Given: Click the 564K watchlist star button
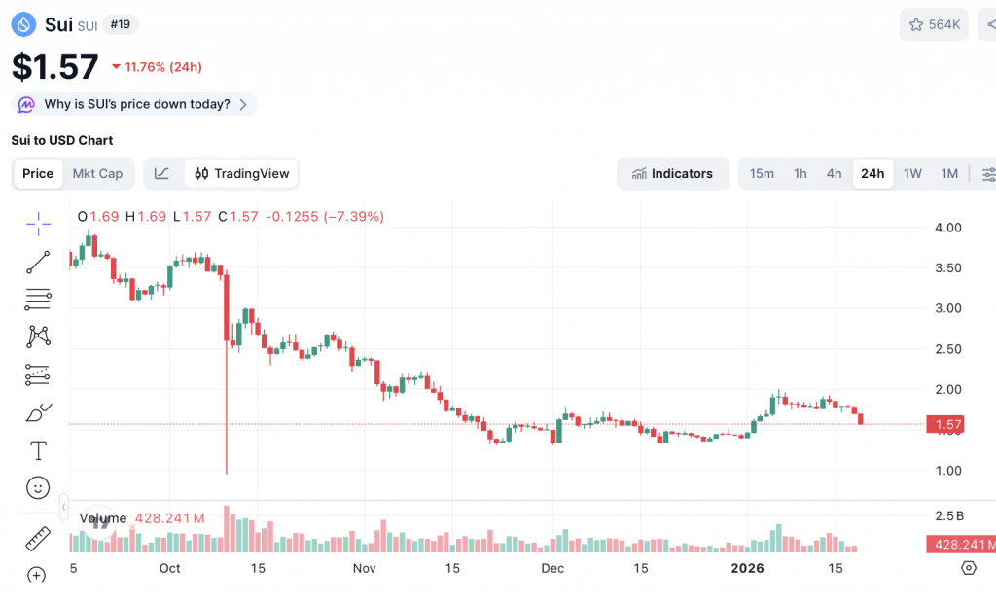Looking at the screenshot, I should point(934,24).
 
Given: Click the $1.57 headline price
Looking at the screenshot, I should point(55,67).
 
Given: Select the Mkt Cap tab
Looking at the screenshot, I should point(97,174).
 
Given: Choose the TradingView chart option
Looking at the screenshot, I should point(242,174).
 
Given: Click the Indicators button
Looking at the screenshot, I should point(673,174).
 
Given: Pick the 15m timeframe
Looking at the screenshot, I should point(762,174).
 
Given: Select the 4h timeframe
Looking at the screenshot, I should point(834,174).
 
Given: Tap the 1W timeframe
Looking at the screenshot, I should point(912,174).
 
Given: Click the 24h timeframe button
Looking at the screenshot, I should point(872,174).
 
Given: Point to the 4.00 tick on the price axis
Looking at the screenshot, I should point(947,228).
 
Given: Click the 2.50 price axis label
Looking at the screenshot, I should point(947,349).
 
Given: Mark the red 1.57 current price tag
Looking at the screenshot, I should point(948,424).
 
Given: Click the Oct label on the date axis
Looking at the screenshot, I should point(170,568).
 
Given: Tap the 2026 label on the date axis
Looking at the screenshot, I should point(748,568).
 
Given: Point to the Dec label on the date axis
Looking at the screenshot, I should point(552,568).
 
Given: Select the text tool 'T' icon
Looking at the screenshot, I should point(38,450).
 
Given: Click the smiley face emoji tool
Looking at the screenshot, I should point(38,487).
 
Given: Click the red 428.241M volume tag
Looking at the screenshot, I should point(960,545).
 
